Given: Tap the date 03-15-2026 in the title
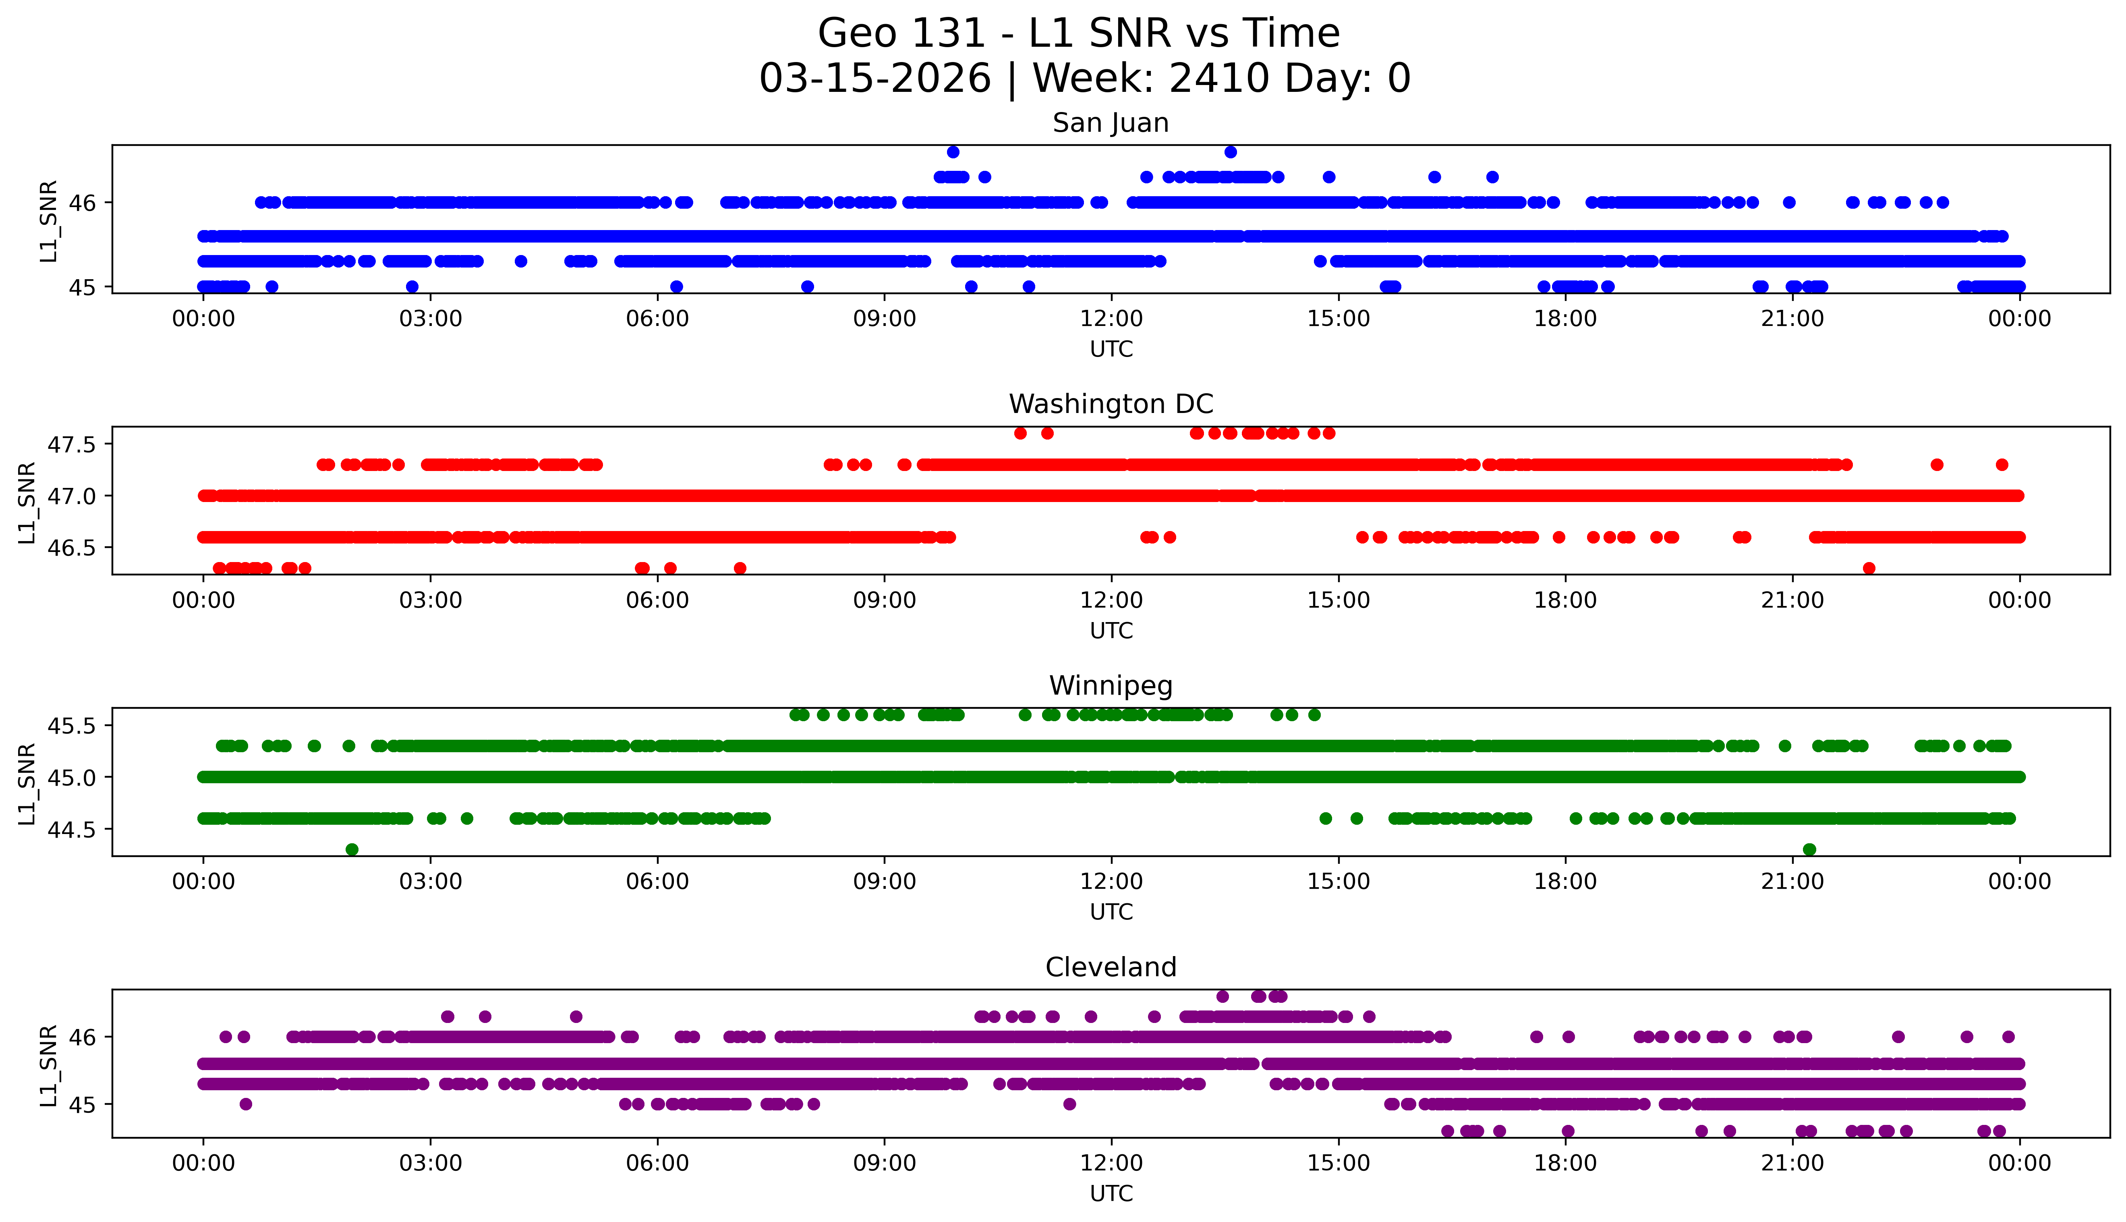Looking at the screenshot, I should coord(875,79).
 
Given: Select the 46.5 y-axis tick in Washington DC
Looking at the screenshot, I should coord(72,547).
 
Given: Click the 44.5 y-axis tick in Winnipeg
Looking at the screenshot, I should coord(72,829).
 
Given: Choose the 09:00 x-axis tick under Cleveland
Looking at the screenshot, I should coord(884,1163).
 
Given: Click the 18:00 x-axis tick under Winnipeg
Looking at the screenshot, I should coord(1566,881).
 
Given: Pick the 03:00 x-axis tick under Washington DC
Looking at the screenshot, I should coord(431,600).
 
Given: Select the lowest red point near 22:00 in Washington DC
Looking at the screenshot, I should coord(1869,568).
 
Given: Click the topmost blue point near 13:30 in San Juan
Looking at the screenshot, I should coord(1230,152).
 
